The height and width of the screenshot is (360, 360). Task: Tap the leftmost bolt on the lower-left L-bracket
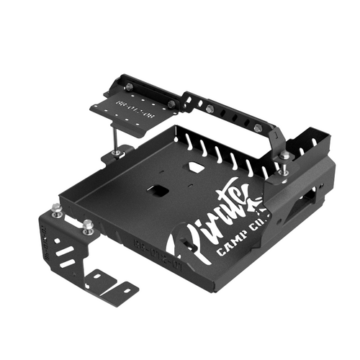57,210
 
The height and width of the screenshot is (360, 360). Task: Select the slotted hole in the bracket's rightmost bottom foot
126,289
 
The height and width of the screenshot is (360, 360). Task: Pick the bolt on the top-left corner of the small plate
127,87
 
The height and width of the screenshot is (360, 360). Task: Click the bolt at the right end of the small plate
171,104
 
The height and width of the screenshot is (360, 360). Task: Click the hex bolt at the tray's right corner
285,156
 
